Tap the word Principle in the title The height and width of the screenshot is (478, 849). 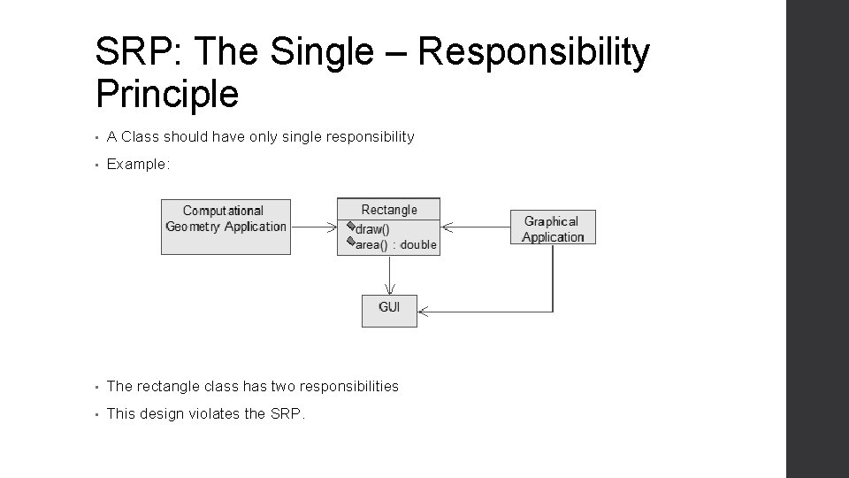[166, 93]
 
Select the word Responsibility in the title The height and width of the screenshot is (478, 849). [534, 53]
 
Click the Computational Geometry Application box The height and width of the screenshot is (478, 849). [226, 226]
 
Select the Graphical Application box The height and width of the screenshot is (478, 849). [553, 228]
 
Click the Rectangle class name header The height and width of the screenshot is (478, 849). [389, 210]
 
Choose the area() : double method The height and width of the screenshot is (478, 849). [395, 244]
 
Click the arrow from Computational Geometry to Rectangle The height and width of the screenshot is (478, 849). [313, 227]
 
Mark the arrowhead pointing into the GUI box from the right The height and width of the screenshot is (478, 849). [424, 311]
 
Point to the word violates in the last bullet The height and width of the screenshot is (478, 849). [212, 412]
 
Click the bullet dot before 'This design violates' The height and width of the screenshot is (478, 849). [97, 413]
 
